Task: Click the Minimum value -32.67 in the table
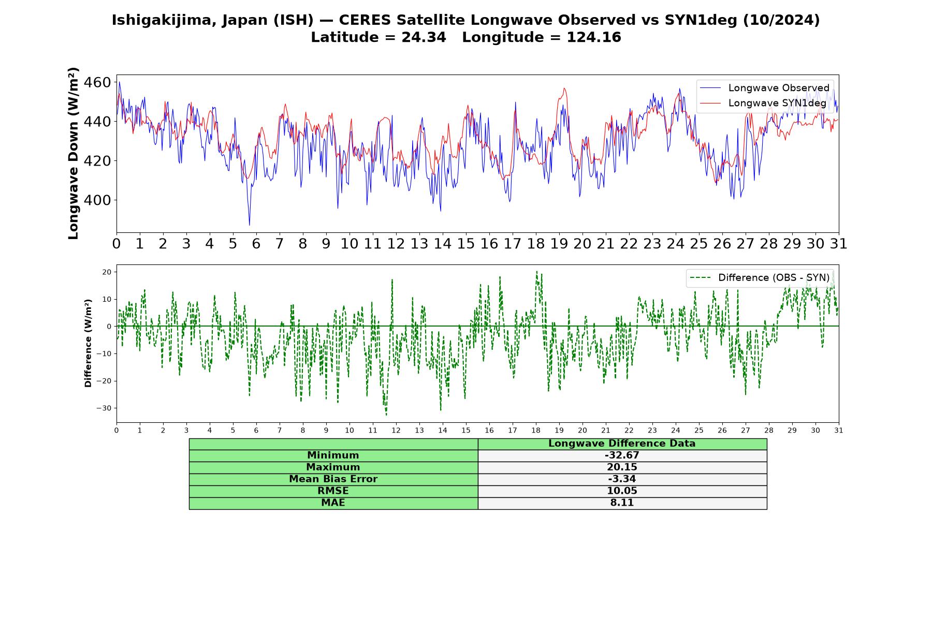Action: point(622,455)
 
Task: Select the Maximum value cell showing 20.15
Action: point(622,467)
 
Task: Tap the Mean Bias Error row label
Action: point(333,479)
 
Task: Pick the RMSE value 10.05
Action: point(622,491)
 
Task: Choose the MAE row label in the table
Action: point(333,503)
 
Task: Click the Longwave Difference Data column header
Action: point(622,443)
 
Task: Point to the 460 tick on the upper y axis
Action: point(97,83)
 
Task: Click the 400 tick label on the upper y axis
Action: point(97,200)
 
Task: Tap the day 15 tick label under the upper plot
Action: point(465,244)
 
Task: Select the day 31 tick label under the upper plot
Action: point(838,244)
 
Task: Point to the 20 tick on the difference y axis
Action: point(107,272)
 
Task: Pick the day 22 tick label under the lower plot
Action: point(629,431)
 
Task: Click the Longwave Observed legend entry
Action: point(764,88)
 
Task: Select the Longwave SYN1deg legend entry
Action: point(763,103)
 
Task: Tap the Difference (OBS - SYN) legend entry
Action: point(760,278)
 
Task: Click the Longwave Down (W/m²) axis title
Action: point(74,153)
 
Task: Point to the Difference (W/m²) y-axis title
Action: point(88,343)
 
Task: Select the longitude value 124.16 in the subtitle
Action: point(593,37)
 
